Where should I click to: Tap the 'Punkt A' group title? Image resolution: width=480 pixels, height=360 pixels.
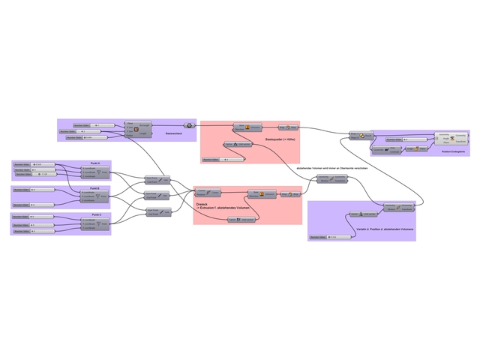tap(94, 163)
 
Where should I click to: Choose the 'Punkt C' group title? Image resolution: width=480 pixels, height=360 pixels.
tap(94, 214)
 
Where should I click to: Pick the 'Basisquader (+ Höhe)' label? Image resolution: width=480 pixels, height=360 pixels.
tap(280, 139)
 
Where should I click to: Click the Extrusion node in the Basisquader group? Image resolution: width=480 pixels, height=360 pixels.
tap(247, 128)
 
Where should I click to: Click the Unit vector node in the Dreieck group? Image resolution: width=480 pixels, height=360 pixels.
tap(242, 219)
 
